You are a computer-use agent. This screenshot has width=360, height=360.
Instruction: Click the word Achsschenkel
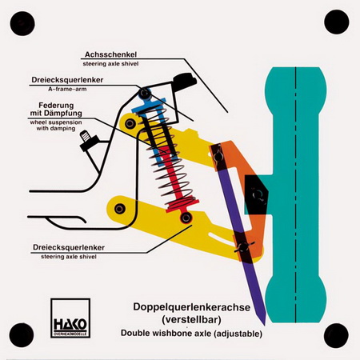tap(110, 54)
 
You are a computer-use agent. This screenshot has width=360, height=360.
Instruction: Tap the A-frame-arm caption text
tap(67, 89)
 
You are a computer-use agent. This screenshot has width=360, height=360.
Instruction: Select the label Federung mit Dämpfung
tap(56, 110)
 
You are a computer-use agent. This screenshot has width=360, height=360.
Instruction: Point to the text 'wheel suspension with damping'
tap(56, 126)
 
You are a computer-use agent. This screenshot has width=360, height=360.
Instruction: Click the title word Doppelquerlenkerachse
tap(192, 307)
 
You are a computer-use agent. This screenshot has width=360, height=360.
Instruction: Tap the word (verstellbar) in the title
tap(192, 319)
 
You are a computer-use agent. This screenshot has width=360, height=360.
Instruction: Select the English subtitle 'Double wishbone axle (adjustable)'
tap(191, 334)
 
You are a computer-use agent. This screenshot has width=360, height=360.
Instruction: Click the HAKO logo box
tap(70, 318)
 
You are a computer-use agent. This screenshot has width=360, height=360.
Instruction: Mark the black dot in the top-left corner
tap(22, 23)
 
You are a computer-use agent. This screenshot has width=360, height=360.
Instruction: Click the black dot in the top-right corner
tap(337, 22)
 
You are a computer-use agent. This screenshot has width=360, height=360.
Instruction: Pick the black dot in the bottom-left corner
tap(22, 335)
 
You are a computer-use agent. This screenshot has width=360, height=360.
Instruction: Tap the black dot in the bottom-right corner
tap(336, 335)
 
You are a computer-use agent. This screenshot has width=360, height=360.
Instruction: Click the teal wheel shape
tap(295, 194)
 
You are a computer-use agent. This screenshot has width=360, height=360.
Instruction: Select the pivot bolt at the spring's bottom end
tap(186, 218)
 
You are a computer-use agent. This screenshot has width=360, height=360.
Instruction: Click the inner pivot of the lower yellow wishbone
tap(120, 208)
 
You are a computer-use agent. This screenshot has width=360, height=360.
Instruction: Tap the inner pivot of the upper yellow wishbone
tap(130, 123)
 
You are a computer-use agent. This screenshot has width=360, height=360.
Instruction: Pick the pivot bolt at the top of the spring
tap(145, 94)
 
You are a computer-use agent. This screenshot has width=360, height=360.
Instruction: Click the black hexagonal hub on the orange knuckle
tap(257, 194)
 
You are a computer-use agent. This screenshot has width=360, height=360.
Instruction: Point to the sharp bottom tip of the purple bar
tap(265, 325)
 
